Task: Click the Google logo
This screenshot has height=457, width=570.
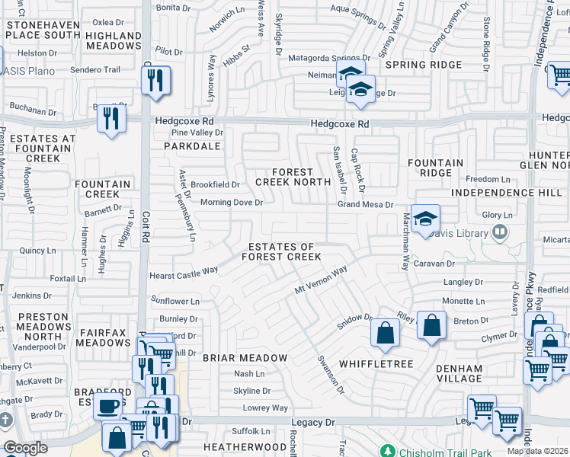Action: [x=26, y=448]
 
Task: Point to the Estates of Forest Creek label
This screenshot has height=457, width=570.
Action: [x=281, y=252]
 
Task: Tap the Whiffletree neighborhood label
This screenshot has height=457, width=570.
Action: [x=376, y=364]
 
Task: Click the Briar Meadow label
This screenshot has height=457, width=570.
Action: [x=245, y=357]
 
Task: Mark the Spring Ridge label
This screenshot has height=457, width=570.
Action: [x=421, y=66]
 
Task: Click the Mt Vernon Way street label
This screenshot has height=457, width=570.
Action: [x=321, y=280]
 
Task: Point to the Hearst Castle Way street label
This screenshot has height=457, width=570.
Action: [x=184, y=272]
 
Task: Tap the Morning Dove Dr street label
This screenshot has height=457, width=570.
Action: [x=231, y=203]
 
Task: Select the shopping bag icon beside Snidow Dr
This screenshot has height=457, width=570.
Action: [x=386, y=333]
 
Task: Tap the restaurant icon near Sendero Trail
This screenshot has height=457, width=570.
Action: [x=156, y=80]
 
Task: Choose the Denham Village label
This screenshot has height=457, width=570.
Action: [x=460, y=373]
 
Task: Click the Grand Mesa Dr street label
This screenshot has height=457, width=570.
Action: [x=366, y=205]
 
